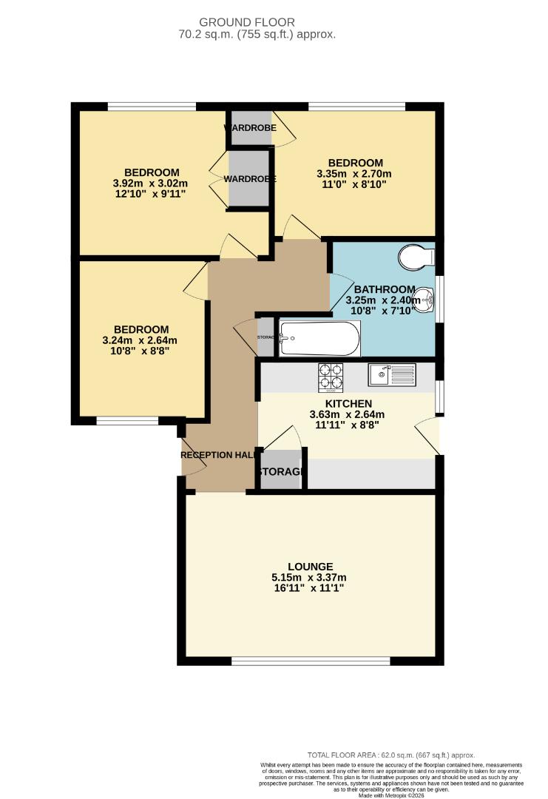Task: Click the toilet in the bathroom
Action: (416, 257)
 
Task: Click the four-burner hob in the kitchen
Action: (331, 377)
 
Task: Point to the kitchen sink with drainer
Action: (392, 375)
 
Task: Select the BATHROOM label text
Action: (384, 289)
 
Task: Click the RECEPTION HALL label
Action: (219, 454)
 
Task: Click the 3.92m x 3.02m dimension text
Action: (151, 183)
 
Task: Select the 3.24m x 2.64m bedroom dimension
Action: (141, 340)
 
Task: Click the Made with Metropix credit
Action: (391, 795)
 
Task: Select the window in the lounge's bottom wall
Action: (311, 660)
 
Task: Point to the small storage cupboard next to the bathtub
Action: (265, 337)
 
